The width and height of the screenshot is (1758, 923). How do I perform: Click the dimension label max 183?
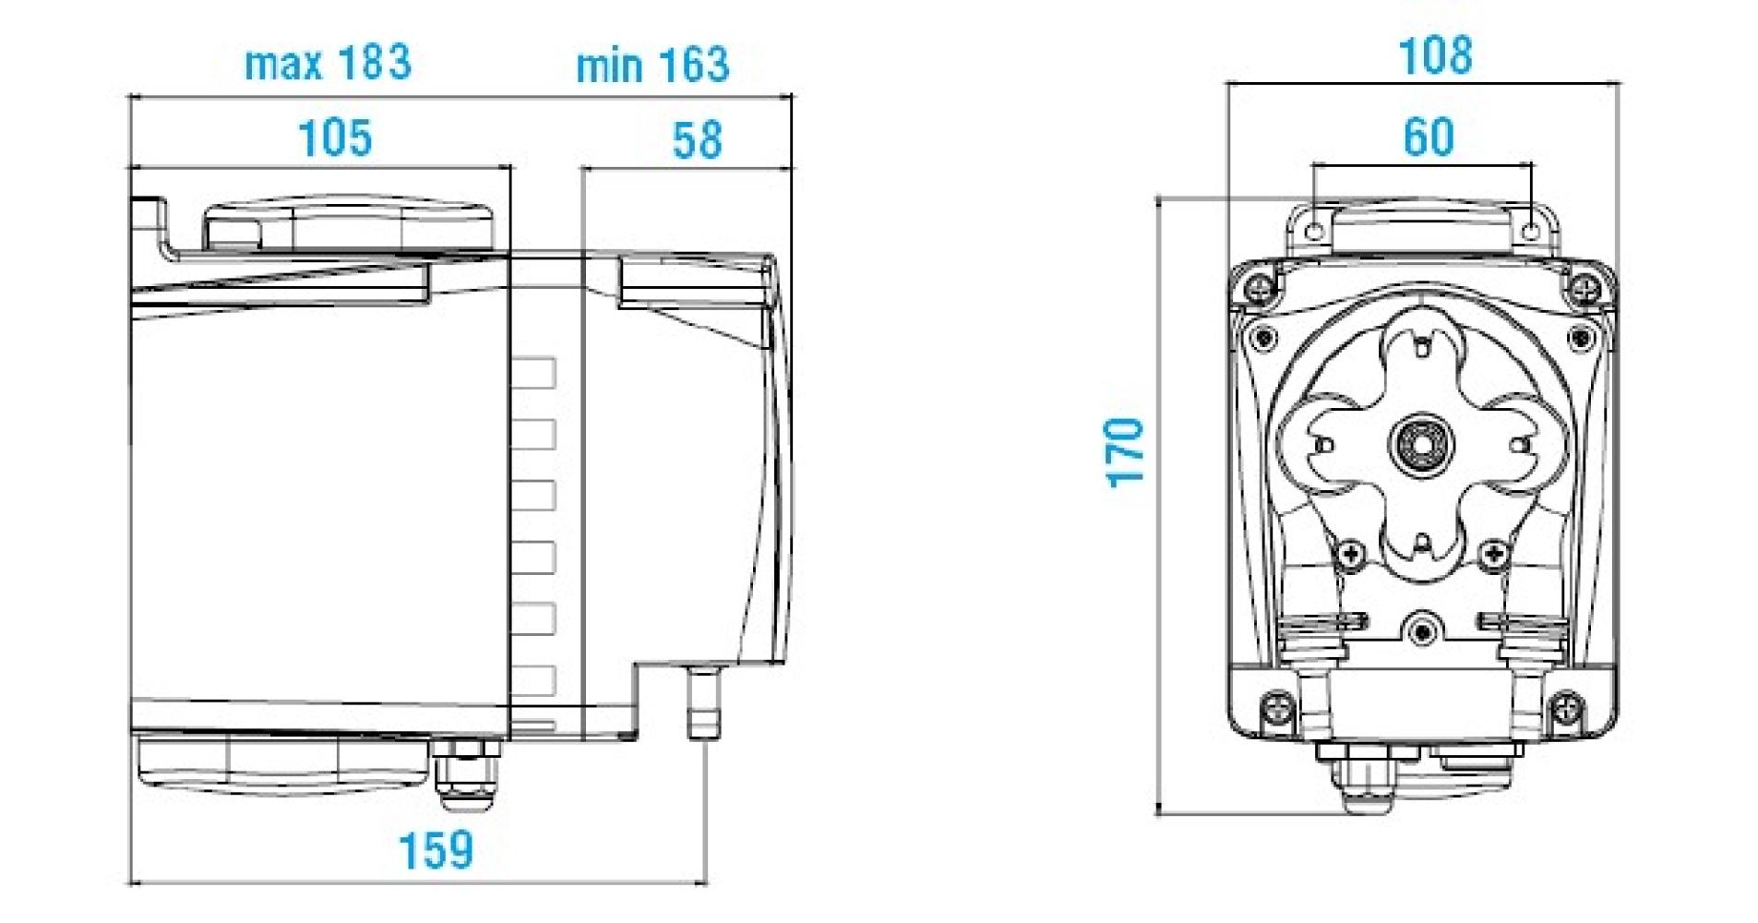click(328, 64)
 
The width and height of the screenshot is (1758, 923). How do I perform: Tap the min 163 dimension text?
click(652, 66)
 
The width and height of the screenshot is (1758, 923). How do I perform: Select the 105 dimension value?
click(335, 138)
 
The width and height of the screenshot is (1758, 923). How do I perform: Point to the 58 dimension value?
click(697, 140)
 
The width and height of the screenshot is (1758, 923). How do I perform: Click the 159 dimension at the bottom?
click(436, 850)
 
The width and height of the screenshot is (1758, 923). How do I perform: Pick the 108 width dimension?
click(1435, 56)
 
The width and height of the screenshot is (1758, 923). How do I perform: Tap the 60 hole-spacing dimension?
click(1429, 138)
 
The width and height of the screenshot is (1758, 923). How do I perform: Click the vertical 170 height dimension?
click(1127, 452)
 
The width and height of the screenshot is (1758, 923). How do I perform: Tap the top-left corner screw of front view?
click(1258, 287)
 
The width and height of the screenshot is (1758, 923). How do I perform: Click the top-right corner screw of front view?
click(1588, 287)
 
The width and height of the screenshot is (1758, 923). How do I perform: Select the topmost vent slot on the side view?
click(533, 373)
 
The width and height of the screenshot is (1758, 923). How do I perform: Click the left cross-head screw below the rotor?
click(1351, 554)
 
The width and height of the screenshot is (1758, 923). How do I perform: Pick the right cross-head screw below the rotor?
click(1493, 554)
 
